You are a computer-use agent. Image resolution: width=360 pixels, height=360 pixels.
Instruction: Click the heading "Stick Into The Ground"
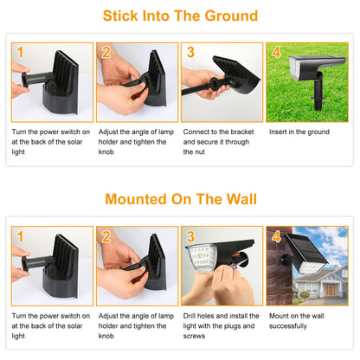tap(180, 16)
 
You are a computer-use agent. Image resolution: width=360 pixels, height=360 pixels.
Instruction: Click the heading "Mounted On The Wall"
tap(181, 199)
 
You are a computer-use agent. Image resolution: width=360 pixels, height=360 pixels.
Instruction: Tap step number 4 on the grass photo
tap(276, 52)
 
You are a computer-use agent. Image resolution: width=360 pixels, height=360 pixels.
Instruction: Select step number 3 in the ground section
tap(190, 52)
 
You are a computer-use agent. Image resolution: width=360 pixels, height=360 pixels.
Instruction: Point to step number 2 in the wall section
tap(106, 236)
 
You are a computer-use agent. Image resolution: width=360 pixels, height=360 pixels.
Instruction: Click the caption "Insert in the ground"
tap(299, 132)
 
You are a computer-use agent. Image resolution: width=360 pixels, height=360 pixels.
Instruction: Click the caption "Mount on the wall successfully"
tap(297, 321)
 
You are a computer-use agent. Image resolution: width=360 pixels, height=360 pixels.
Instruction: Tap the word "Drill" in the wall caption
tap(189, 316)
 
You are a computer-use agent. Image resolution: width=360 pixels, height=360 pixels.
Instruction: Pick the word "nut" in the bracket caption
tap(199, 152)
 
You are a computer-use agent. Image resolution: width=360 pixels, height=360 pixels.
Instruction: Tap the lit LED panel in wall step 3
tap(202, 258)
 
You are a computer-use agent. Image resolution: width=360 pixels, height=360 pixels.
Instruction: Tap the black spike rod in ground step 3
tap(196, 89)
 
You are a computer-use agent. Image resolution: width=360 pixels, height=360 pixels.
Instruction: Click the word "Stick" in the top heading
tap(120, 16)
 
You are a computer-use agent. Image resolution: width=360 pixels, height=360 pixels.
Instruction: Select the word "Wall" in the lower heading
tap(241, 199)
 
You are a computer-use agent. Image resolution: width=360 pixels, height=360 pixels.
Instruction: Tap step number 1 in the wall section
tap(20, 236)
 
